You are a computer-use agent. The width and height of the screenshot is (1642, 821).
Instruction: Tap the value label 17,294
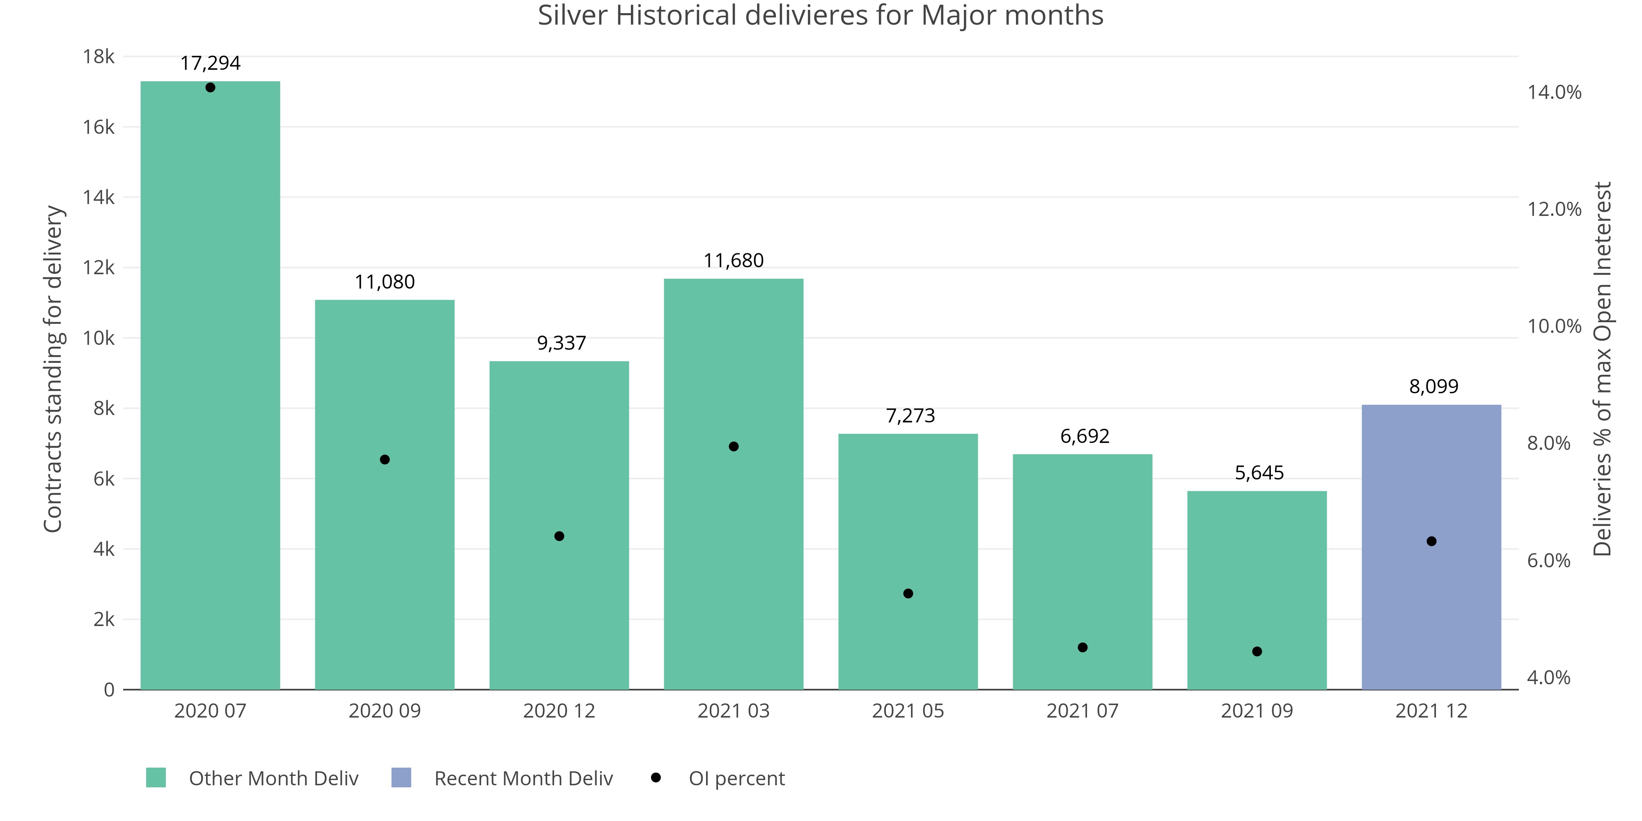210,63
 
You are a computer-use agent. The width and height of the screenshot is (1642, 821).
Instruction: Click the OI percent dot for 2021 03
734,446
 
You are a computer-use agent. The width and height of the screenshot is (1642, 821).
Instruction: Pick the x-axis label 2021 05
908,711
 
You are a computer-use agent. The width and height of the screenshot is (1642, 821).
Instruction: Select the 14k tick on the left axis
99,197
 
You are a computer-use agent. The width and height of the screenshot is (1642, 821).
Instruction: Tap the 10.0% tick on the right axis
1554,326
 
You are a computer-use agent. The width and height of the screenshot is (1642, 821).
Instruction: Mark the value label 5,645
1259,473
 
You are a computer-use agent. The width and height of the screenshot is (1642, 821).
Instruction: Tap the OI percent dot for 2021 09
1257,651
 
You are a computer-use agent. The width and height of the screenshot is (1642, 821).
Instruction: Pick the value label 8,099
1433,386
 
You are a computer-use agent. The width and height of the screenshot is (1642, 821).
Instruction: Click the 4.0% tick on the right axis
1548,678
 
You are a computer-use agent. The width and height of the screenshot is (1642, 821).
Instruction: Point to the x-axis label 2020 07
210,711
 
